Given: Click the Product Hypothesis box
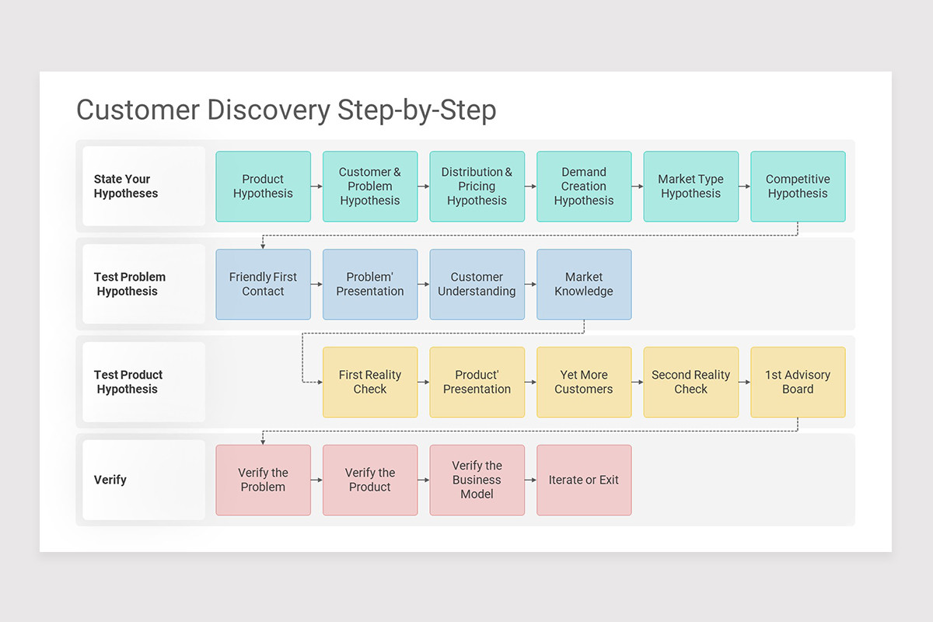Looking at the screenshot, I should [263, 187].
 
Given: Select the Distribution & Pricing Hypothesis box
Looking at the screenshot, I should [477, 187].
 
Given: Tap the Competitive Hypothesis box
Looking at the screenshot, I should [798, 187].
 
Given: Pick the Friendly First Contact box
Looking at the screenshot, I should [263, 285].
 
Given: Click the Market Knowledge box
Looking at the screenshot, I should [584, 285].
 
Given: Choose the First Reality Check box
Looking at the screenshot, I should [370, 383].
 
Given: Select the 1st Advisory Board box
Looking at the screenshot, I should [798, 383].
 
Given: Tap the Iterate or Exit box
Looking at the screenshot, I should [584, 480].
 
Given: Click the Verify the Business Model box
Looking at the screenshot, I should [477, 480].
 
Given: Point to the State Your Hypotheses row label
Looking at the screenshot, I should [126, 187].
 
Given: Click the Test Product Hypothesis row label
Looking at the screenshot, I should [128, 383].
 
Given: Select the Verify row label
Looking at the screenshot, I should [110, 480].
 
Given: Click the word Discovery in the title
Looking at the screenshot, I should [268, 110].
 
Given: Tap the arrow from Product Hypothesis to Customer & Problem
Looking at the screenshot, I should [316, 187].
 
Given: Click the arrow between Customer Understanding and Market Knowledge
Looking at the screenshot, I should [530, 285].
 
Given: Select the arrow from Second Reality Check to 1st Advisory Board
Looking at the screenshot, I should [744, 383].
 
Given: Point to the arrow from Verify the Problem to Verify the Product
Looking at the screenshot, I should [316, 480].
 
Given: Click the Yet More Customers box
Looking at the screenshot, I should [584, 383].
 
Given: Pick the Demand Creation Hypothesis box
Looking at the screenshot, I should [584, 187].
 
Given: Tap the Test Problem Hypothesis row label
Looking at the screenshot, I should [129, 285].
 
